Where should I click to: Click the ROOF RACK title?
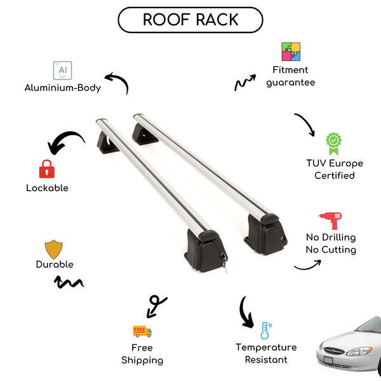190,20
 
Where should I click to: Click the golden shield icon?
54,248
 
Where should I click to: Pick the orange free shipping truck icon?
142,331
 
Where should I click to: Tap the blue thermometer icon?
265,330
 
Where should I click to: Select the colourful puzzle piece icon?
291,52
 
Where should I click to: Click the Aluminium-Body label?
63,88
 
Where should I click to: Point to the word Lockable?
47,188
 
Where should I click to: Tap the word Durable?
55,264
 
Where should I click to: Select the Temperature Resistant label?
266,354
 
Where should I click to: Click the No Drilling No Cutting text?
330,244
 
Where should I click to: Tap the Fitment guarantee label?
291,76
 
